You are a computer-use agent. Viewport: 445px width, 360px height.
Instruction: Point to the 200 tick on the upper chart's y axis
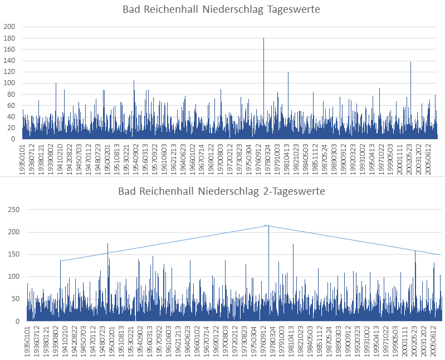click(x=9, y=27)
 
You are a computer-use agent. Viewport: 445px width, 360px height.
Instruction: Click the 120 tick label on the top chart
click(x=9, y=72)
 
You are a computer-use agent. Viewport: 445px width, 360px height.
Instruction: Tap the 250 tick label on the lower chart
click(x=12, y=209)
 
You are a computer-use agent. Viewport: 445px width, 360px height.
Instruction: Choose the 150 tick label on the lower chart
click(x=12, y=254)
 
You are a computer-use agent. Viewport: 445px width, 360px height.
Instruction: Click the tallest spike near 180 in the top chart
click(x=263, y=39)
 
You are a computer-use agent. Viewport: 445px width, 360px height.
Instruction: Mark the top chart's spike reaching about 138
click(x=410, y=62)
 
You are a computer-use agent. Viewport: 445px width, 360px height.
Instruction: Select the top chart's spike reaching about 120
click(x=288, y=73)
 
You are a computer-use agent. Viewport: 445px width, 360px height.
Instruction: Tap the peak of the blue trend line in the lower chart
click(x=268, y=225)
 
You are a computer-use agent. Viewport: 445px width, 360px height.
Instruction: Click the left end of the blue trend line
click(x=61, y=260)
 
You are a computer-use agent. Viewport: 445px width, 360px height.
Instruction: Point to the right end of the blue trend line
click(x=441, y=255)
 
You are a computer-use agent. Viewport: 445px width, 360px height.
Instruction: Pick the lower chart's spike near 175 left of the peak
click(x=107, y=244)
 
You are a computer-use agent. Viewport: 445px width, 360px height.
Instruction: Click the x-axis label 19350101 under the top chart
click(x=23, y=158)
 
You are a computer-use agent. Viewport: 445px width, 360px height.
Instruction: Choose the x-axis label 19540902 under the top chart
click(x=136, y=158)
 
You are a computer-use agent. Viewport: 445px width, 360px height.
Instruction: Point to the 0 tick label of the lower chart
click(x=18, y=322)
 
